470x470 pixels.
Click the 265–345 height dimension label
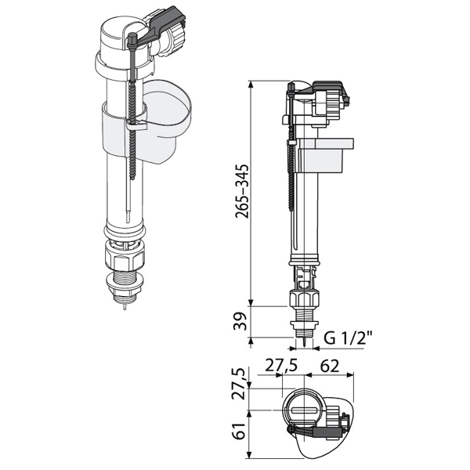[x=243, y=191]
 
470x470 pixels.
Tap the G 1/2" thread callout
[x=348, y=339]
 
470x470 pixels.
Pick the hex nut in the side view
[x=305, y=301]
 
